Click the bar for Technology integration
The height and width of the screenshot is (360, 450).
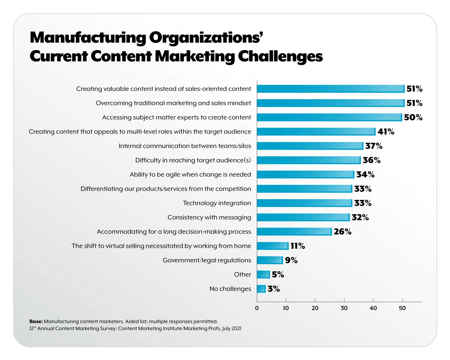tap(304, 203)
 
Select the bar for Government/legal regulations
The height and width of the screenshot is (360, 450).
tap(270, 260)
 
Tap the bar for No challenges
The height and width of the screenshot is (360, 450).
tap(261, 289)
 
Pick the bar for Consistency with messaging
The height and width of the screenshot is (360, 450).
tap(303, 217)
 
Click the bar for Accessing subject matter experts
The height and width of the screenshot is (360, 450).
tap(329, 117)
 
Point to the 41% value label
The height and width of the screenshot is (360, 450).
tap(386, 132)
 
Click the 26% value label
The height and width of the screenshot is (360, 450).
tap(342, 232)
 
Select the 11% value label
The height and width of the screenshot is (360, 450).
tap(297, 246)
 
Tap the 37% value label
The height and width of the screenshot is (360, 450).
tap(374, 146)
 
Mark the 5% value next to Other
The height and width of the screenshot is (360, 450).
tap(278, 274)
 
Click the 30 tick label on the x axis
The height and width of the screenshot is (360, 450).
tap(344, 308)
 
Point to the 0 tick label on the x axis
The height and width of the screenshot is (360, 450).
tap(257, 308)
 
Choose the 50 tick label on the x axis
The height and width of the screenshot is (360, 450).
tap(402, 308)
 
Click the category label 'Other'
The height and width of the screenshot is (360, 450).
tap(242, 274)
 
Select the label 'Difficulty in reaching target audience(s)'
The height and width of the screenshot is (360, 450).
tap(193, 160)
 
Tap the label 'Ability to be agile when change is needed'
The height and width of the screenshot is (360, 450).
tap(190, 174)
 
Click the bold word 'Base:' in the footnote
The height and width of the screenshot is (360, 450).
tap(36, 322)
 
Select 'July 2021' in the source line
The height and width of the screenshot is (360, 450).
tap(232, 328)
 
